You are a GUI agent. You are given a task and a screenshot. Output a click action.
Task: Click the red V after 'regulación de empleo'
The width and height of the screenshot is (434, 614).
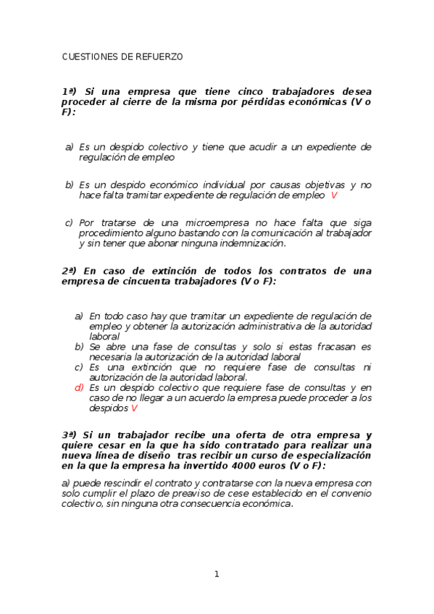pos(334,195)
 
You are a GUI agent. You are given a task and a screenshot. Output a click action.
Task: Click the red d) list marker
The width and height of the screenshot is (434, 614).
pos(79,387)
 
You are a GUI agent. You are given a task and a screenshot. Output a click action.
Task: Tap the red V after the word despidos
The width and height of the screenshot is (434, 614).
pos(134,408)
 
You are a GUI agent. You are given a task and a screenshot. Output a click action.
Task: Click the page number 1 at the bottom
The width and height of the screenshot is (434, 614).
pos(216,574)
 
